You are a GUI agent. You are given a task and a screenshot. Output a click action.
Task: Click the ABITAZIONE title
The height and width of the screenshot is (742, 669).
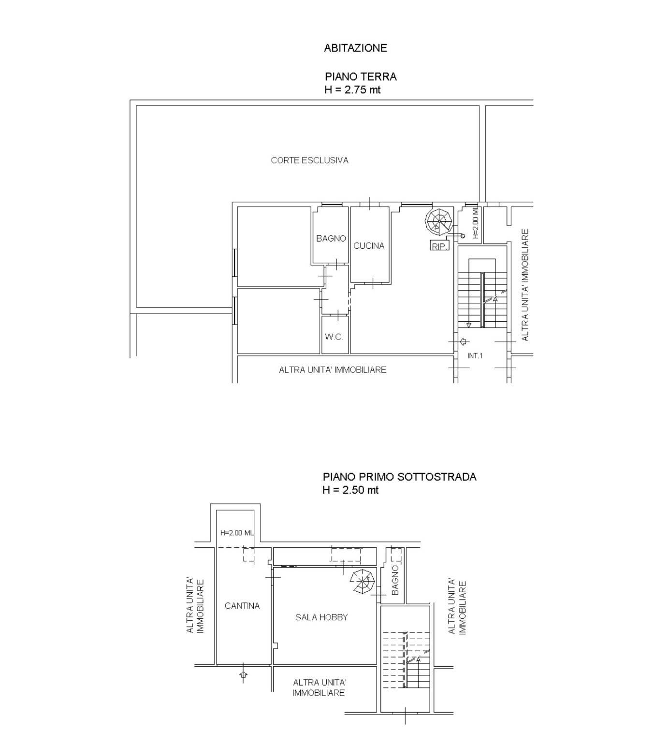click(355, 48)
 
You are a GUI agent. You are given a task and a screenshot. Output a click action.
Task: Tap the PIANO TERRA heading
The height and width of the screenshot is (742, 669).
click(361, 76)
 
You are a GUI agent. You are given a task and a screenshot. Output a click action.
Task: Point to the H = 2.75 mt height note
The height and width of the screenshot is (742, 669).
click(352, 89)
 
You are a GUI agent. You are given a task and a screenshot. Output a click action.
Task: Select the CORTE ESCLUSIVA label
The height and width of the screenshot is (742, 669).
click(309, 160)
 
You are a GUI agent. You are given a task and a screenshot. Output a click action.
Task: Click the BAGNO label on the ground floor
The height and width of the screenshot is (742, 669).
click(331, 238)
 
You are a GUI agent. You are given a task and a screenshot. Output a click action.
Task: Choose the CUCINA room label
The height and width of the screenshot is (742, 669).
click(369, 245)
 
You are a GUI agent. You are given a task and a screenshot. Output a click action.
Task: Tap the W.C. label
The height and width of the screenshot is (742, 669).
click(334, 337)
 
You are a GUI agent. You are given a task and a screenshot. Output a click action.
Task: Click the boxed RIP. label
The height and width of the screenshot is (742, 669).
click(439, 246)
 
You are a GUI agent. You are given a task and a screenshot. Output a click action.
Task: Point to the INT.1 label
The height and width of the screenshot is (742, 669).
click(475, 356)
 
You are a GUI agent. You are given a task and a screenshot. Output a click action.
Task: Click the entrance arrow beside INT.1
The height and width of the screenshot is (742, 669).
click(463, 342)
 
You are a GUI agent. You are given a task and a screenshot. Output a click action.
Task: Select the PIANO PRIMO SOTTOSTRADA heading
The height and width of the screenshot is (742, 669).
click(400, 477)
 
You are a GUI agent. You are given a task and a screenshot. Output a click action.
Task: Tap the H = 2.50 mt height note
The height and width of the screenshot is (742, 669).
click(350, 490)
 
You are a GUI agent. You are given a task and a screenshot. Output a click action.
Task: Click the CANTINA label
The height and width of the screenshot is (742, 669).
click(242, 606)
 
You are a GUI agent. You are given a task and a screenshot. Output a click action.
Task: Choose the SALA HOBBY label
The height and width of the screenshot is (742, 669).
click(321, 617)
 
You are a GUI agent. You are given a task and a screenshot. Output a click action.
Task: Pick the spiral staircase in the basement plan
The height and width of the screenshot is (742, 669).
click(362, 581)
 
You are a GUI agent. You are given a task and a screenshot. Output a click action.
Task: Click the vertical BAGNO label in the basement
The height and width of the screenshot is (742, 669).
click(395, 580)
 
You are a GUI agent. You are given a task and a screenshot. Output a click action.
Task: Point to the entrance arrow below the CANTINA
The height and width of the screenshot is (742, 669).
click(243, 674)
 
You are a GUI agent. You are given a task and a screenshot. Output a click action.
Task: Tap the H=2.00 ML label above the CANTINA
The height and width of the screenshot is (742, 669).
click(237, 533)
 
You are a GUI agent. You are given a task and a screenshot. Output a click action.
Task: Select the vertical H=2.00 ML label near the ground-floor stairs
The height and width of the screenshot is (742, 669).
click(475, 223)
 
